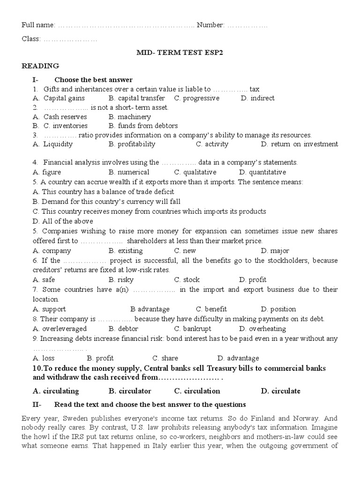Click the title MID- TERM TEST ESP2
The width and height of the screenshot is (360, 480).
point(180,52)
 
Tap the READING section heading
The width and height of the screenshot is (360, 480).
point(40,66)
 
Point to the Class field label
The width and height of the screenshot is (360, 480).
point(31,38)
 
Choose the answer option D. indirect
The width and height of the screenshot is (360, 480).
point(257,98)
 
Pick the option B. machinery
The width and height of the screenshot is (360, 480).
point(129,117)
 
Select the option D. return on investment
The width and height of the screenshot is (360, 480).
point(299,144)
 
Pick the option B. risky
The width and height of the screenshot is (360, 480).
point(121,280)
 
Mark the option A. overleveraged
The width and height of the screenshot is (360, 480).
point(60,329)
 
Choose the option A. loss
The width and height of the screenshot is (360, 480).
point(44,358)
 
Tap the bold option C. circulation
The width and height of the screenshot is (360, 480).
point(197,391)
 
